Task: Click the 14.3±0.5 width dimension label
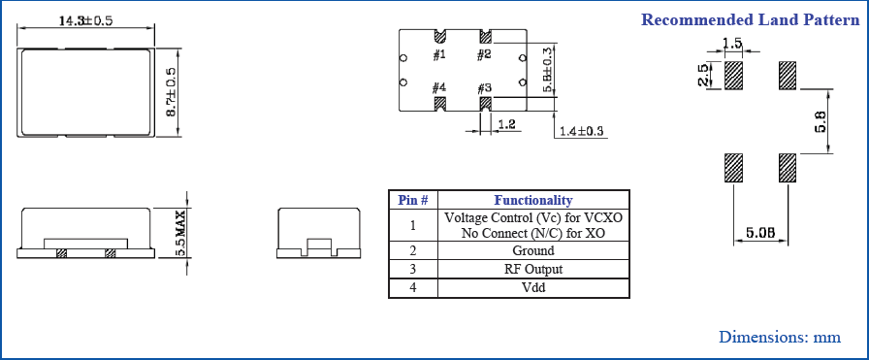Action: point(86,20)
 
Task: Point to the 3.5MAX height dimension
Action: point(180,234)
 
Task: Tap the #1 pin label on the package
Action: point(439,54)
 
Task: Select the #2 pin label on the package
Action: point(484,54)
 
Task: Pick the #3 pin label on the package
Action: point(484,88)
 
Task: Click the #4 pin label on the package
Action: point(439,88)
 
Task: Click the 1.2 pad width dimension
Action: point(505,124)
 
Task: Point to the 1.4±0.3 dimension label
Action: point(581,131)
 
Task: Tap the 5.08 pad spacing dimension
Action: point(758,233)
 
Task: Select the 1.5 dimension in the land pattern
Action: point(733,44)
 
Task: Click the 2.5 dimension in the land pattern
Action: point(704,76)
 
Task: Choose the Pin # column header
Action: point(413,200)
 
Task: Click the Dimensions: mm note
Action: point(779,337)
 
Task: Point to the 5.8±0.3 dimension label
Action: point(548,70)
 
